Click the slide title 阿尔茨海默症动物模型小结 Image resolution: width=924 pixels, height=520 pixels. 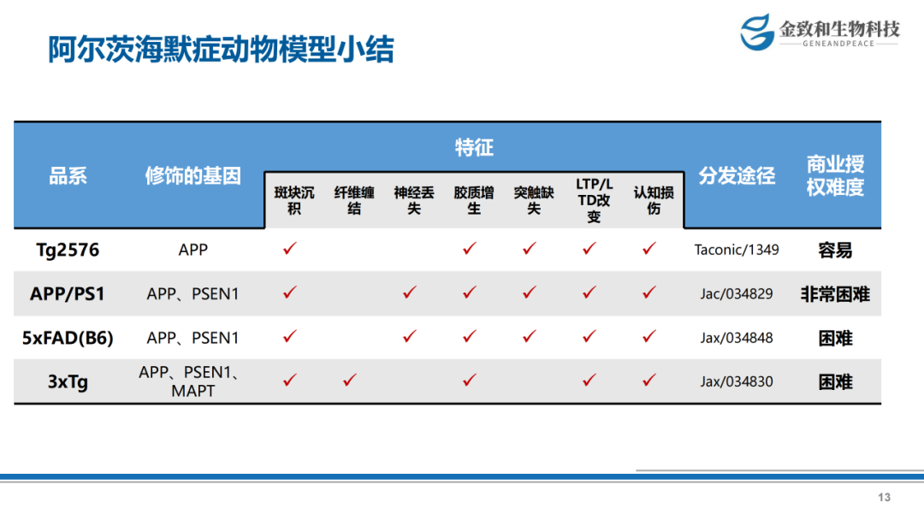click(x=221, y=50)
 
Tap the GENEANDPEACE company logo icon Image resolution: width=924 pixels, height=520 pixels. click(x=756, y=32)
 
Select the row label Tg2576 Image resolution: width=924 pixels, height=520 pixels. click(x=68, y=250)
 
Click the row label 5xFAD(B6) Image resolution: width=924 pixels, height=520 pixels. click(x=68, y=338)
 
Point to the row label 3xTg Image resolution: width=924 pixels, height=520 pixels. click(x=68, y=381)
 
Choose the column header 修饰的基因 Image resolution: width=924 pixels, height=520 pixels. click(x=193, y=175)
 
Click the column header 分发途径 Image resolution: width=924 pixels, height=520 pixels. click(x=737, y=175)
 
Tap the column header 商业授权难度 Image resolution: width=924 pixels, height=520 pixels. click(x=835, y=175)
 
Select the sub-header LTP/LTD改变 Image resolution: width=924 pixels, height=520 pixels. click(x=594, y=200)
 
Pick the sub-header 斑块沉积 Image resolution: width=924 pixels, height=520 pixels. click(x=294, y=200)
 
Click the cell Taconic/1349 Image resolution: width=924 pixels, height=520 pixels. click(x=737, y=250)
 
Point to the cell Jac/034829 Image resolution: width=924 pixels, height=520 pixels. click(x=737, y=293)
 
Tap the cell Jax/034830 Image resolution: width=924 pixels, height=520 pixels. click(x=737, y=381)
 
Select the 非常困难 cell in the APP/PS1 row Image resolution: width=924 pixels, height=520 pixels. click(x=835, y=294)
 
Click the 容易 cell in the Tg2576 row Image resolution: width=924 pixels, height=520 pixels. click(x=835, y=251)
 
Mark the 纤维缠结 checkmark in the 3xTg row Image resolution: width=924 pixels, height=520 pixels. click(x=349, y=381)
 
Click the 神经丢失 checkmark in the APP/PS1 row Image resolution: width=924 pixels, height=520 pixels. click(x=410, y=292)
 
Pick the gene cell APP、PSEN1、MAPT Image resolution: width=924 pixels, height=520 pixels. click(x=192, y=381)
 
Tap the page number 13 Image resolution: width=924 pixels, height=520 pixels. click(x=884, y=498)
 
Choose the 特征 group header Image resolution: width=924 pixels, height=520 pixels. click(x=474, y=147)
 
